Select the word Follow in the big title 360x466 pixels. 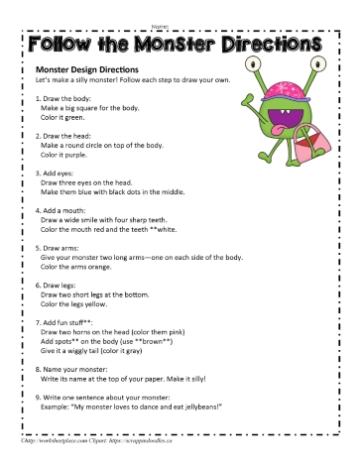(65, 46)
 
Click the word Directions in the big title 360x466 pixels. (273, 46)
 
